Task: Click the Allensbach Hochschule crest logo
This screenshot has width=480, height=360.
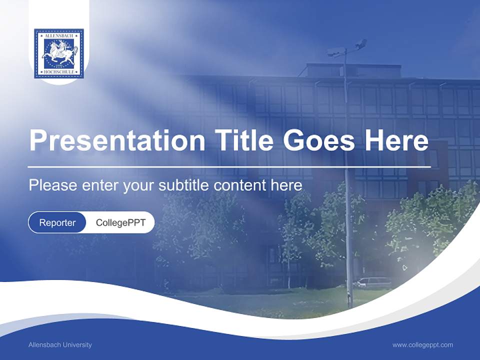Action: coord(59,53)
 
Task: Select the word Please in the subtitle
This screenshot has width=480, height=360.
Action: coord(52,185)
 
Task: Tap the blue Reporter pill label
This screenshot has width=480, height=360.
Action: coord(57,222)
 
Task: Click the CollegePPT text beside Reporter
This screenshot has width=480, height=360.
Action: coord(120,222)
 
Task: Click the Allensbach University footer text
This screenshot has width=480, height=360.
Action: coord(60,345)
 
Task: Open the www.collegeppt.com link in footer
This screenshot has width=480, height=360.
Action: coord(422,345)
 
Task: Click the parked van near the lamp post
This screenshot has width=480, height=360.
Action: coord(372,283)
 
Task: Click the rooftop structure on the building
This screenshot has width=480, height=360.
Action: coord(345,70)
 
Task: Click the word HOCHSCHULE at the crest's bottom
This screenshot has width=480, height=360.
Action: coord(59,73)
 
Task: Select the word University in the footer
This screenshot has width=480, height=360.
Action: coord(78,345)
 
